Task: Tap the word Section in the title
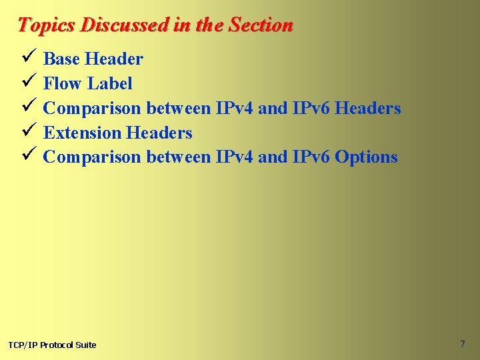coord(261,25)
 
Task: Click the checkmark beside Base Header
coord(27,59)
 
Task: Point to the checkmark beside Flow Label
coord(27,83)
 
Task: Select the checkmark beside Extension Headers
coord(27,133)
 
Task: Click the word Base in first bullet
coord(61,59)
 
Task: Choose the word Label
coord(110,84)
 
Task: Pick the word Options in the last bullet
coord(366,158)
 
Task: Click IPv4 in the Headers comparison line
coord(234,109)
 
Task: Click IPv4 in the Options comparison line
coord(234,158)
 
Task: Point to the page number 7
coord(462,344)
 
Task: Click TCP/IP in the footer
coord(23,345)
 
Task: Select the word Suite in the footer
coord(85,345)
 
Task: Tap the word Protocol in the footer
coord(57,345)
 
